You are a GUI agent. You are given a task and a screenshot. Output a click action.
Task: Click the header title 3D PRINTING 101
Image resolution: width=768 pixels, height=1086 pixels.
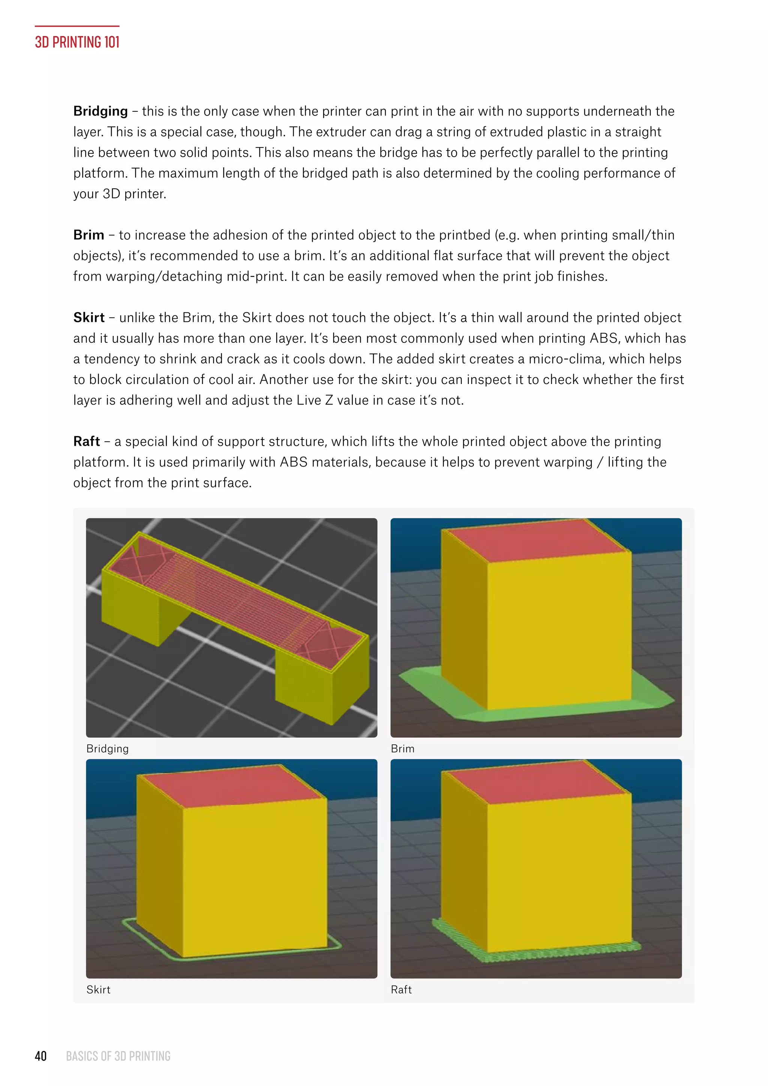(77, 42)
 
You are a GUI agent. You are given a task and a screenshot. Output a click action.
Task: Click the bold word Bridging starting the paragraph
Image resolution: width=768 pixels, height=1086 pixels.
(100, 111)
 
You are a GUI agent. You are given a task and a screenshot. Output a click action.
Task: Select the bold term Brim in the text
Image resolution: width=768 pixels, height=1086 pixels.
(88, 235)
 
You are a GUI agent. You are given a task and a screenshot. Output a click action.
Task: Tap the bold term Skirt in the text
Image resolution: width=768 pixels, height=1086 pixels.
(89, 317)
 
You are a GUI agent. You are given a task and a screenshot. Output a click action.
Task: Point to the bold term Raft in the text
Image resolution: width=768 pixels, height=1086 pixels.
(87, 441)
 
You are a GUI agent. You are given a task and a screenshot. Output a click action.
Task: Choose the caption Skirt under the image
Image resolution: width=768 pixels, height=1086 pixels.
(98, 990)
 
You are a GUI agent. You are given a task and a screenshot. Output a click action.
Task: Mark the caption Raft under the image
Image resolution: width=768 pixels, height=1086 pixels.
(401, 990)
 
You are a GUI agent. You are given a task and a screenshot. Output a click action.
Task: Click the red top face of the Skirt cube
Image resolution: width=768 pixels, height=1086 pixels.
(232, 785)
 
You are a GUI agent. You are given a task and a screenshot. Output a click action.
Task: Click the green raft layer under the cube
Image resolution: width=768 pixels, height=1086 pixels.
(544, 955)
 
